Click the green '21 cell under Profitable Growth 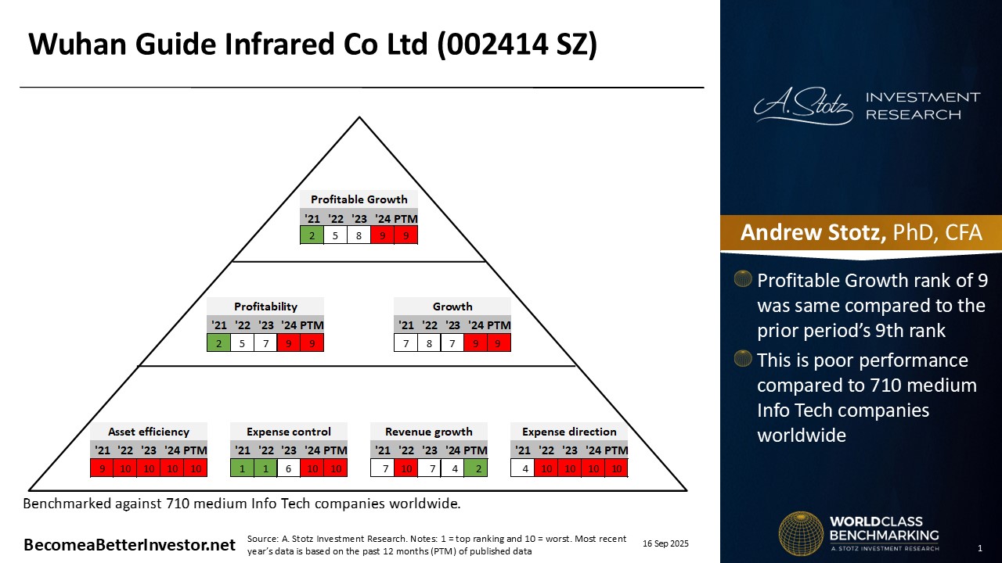[x=312, y=235]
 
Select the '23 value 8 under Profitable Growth [x=359, y=235]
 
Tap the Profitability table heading [x=265, y=307]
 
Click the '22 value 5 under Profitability [x=242, y=343]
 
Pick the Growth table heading [x=452, y=307]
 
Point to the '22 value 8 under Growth [x=429, y=343]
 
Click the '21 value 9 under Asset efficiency [x=102, y=468]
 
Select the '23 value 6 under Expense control [x=289, y=468]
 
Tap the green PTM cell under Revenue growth [x=476, y=468]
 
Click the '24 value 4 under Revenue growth [x=452, y=468]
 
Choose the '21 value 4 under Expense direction [x=522, y=468]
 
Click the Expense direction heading [x=569, y=432]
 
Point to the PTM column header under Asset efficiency [x=196, y=450]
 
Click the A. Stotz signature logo [x=803, y=106]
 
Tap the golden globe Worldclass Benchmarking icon [x=801, y=534]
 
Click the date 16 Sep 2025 [x=665, y=543]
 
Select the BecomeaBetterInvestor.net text [x=129, y=545]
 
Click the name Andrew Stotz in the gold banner [x=813, y=232]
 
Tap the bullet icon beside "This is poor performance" [x=743, y=358]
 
